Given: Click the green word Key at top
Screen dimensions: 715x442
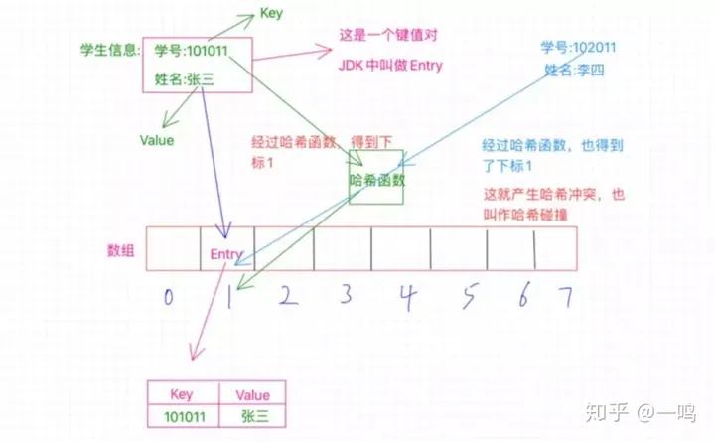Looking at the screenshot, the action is pos(271,13).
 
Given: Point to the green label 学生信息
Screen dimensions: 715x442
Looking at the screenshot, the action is pos(109,50).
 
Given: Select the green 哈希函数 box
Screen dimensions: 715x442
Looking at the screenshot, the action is pos(376,180).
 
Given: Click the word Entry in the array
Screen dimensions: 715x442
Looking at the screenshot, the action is pos(226,254).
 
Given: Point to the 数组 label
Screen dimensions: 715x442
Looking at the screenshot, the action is pos(121,249).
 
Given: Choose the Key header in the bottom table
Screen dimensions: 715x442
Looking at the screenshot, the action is pos(183,394).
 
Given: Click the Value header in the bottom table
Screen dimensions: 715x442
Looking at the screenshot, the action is pos(252,394).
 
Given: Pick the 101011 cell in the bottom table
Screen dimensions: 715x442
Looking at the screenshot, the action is pos(183,417).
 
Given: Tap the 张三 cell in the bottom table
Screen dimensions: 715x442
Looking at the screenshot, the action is pos(252,417).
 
